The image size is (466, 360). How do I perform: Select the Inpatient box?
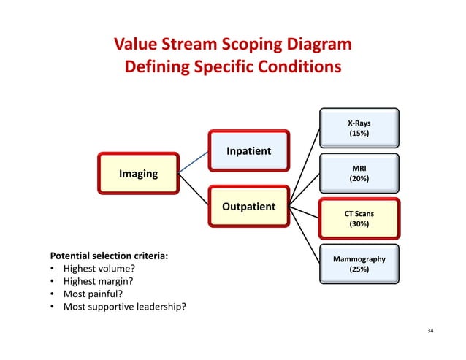pos(248,151)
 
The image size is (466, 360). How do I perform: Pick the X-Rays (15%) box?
pos(359,129)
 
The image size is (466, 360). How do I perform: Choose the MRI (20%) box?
pos(359,173)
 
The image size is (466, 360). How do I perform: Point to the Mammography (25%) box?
pos(359,264)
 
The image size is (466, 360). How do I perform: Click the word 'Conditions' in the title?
pos(297,68)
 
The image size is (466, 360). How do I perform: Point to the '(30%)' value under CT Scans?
pos(359,224)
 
